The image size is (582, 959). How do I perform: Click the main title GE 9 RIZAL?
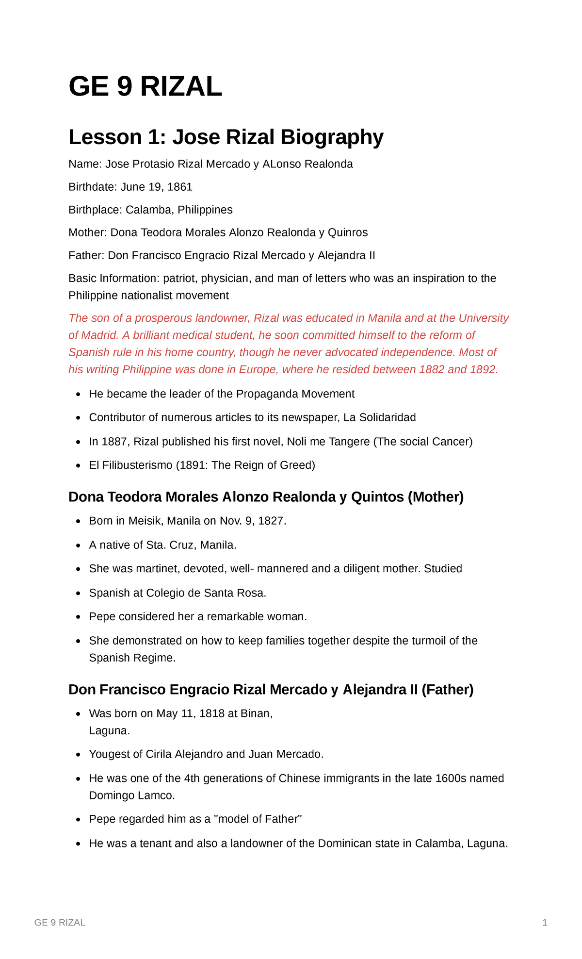coord(145,87)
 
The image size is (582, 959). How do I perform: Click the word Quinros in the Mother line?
coord(348,232)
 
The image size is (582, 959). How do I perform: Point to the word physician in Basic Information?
coord(226,278)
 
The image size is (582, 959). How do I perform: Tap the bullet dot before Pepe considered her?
coord(78,617)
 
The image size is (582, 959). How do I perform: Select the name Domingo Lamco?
coord(131,795)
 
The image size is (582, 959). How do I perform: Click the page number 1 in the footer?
coord(545,923)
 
